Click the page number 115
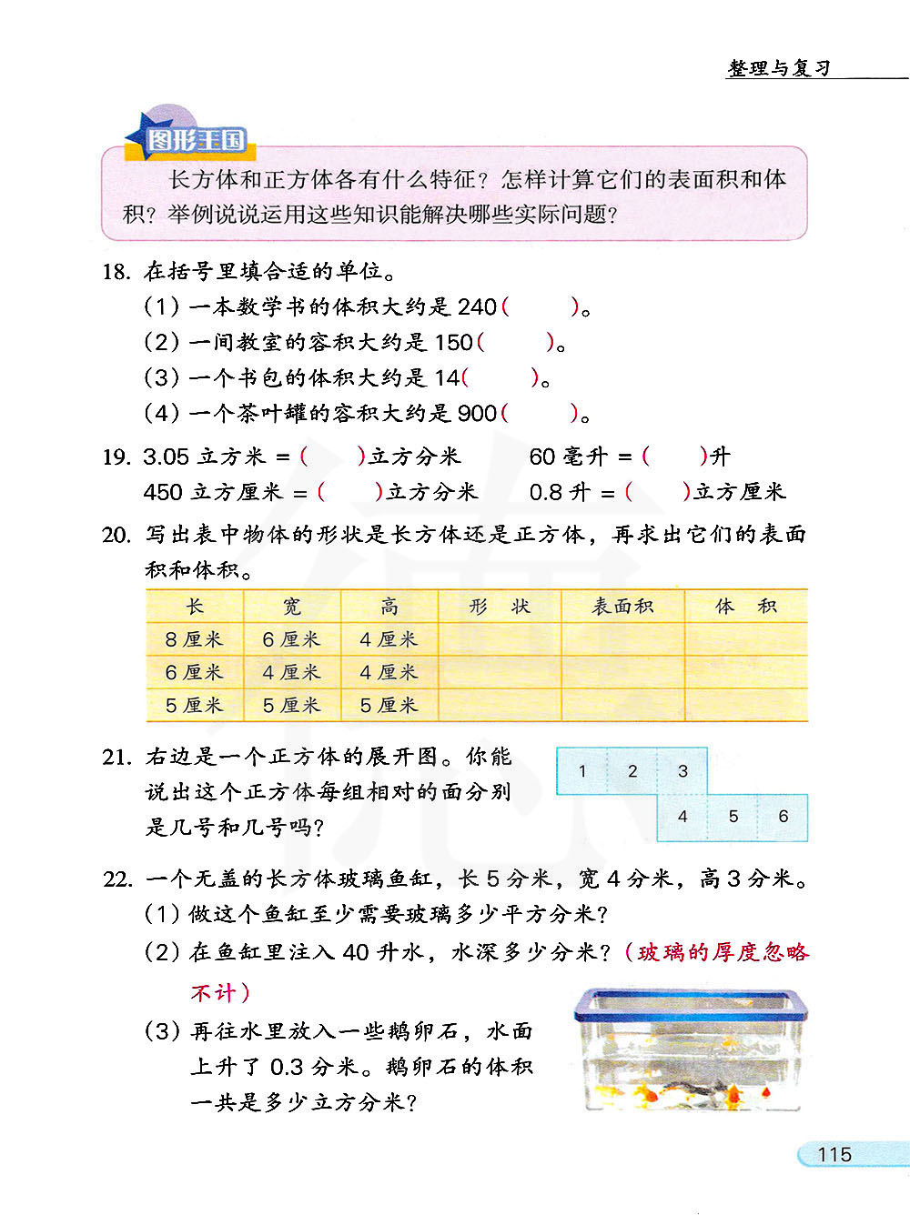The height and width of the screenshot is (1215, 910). click(834, 1154)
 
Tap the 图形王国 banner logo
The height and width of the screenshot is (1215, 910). click(196, 140)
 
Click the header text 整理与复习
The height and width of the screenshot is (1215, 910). click(779, 68)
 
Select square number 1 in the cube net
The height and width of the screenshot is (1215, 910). click(582, 771)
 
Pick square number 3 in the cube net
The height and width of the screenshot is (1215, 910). click(682, 771)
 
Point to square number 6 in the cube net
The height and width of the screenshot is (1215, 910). click(783, 817)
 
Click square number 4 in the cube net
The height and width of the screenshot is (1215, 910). click(682, 817)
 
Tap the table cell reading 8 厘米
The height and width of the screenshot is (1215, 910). click(194, 639)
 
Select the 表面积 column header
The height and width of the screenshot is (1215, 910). click(622, 606)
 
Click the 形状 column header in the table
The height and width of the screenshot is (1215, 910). click(500, 606)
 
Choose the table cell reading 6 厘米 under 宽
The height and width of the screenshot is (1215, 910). click(291, 639)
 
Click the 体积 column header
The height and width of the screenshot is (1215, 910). click(745, 606)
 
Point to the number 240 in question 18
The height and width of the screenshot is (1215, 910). click(477, 307)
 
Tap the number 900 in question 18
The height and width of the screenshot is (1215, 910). click(477, 414)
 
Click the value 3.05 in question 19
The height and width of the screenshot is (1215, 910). click(167, 457)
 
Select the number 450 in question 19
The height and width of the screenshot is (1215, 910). click(163, 492)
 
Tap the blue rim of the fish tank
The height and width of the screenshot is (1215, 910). click(692, 999)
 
